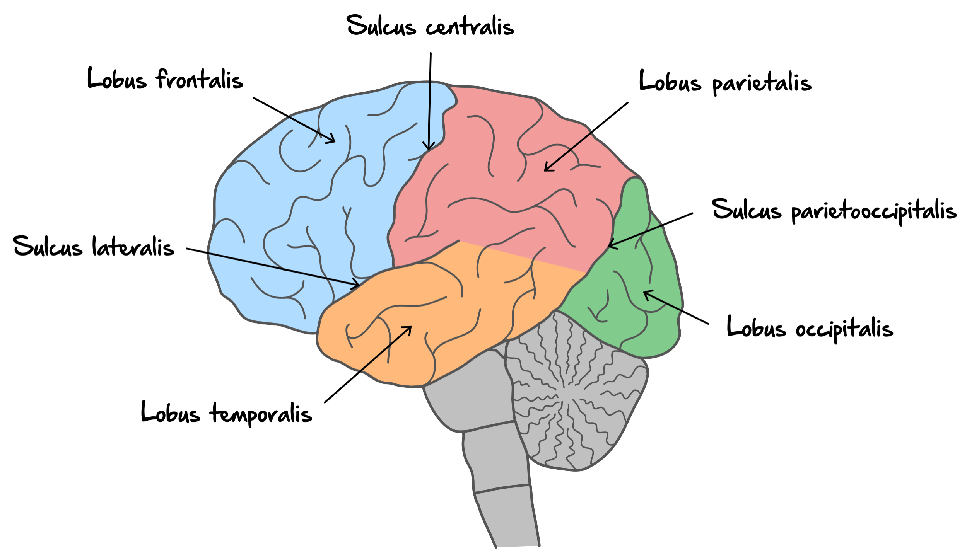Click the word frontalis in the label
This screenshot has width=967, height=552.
200,80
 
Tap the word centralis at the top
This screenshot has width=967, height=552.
470,26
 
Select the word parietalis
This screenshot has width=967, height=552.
762,83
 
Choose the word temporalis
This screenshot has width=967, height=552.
261,414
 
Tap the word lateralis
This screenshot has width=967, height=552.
133,247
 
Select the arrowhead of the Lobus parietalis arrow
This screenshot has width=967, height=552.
546,170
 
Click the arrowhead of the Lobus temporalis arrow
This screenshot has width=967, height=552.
410,327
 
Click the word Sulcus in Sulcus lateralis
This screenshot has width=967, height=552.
48,246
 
